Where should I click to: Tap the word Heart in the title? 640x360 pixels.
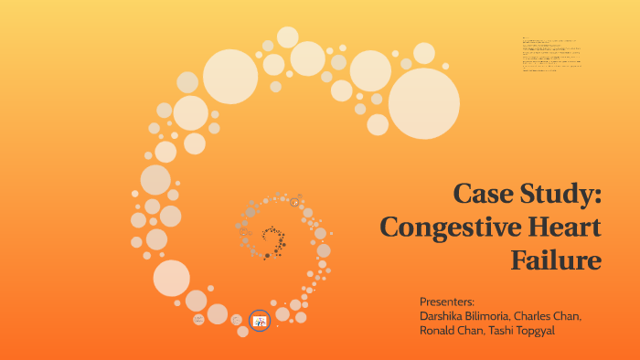(x=560, y=228)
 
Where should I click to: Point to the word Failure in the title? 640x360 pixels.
(x=556, y=259)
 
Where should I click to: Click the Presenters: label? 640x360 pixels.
(x=447, y=302)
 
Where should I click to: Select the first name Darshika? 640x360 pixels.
(x=444, y=316)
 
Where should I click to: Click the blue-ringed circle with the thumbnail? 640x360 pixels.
(x=260, y=320)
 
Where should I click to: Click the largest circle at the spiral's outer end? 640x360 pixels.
(x=424, y=103)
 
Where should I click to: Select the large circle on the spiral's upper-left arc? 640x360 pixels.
(x=230, y=76)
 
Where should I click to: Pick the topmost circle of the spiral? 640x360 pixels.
(x=288, y=37)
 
